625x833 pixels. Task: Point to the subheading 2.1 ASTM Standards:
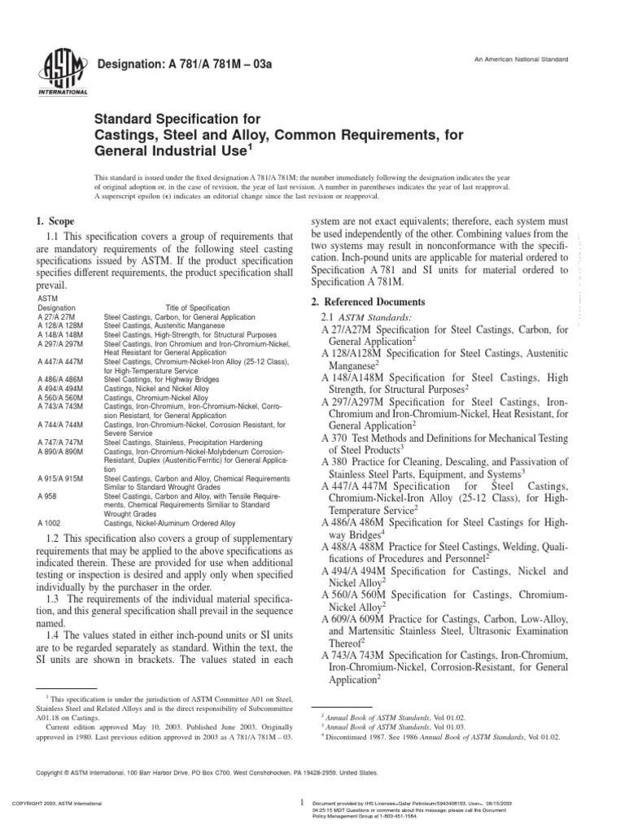(366, 316)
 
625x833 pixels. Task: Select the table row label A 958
(47, 495)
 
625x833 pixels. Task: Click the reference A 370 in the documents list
(336, 438)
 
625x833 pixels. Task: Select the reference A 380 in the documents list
(336, 461)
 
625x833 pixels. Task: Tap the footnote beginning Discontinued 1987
(431, 735)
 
